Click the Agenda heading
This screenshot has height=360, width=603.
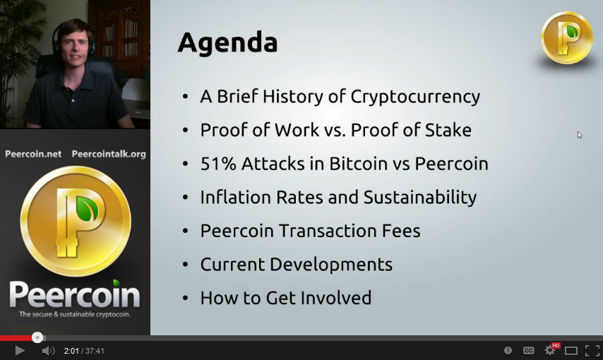227,43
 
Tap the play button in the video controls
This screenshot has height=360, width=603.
20,350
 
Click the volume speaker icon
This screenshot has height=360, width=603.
48,351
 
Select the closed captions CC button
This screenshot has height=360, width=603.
528,350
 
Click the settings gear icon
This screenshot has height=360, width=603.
549,350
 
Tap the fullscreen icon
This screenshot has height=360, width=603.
592,350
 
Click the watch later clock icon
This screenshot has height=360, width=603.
508,350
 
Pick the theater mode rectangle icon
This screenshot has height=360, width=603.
571,351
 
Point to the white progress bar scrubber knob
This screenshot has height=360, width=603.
37,337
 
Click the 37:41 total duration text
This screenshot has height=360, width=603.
95,351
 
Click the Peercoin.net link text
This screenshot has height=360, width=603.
33,154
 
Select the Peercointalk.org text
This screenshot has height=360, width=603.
109,154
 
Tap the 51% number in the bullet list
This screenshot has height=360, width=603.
218,164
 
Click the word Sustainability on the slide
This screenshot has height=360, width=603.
420,198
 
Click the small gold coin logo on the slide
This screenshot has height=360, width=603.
566,37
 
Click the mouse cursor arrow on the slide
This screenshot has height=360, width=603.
580,135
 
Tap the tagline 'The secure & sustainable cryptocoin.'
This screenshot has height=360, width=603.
75,314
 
